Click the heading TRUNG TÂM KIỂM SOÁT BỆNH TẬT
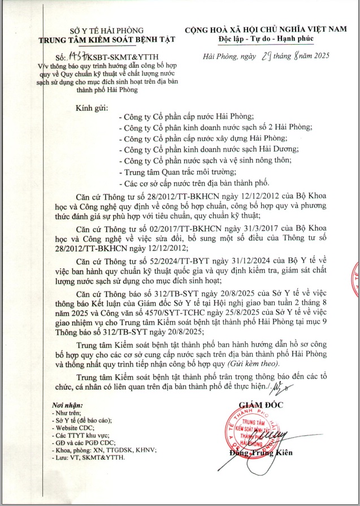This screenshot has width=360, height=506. (107, 39)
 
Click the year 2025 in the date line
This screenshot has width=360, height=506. (317, 56)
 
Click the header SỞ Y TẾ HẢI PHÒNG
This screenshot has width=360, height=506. (107, 30)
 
